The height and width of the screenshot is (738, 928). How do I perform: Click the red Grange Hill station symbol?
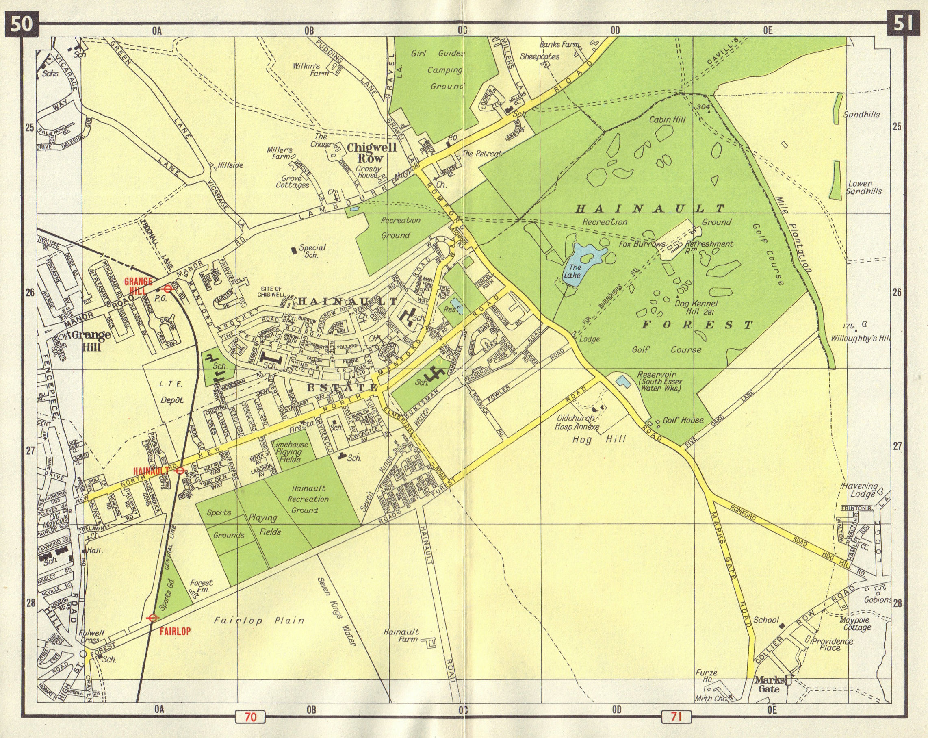168,289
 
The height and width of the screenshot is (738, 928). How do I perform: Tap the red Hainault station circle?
180,471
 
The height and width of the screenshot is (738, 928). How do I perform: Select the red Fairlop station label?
175,631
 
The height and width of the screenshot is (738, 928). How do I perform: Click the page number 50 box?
22,24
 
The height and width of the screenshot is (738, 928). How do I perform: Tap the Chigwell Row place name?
371,152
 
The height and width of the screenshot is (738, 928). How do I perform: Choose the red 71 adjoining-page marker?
675,717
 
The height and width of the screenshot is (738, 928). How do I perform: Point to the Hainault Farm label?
401,636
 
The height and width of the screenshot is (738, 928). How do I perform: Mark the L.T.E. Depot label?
171,391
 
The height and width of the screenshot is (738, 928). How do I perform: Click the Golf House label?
683,420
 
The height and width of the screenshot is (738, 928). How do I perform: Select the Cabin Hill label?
667,119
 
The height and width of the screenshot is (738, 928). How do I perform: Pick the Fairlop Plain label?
259,621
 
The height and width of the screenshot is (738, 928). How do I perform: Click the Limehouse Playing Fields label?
289,451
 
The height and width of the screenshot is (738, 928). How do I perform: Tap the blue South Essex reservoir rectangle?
621,381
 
